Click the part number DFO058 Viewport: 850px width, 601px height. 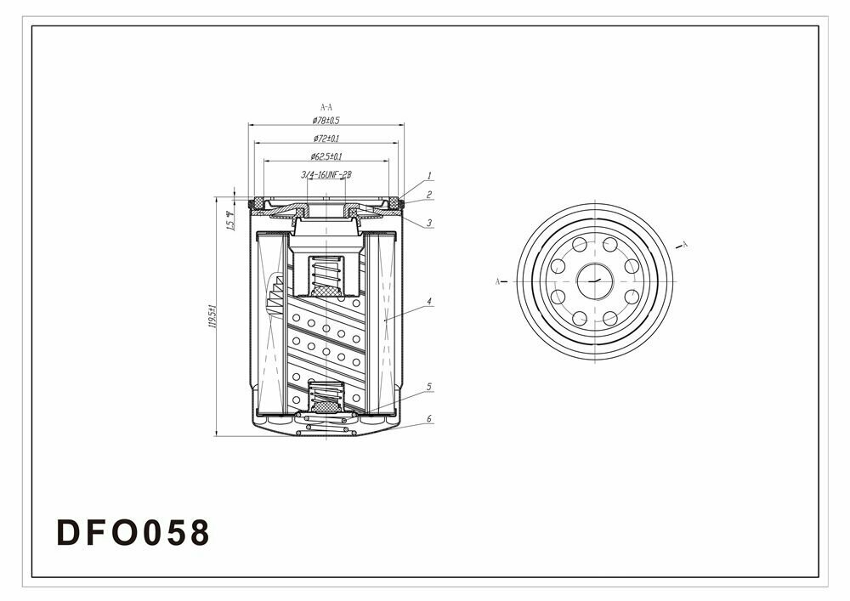tap(132, 533)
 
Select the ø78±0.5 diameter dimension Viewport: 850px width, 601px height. tap(326, 121)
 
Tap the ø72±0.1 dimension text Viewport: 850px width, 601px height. tap(326, 139)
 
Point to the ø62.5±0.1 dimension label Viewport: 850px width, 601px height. tap(326, 156)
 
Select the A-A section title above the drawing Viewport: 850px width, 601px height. tap(326, 107)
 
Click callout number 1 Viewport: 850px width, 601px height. tap(429, 176)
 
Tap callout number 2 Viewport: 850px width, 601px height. tap(429, 195)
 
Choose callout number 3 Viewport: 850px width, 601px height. tap(429, 223)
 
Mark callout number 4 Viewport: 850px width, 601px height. tap(429, 301)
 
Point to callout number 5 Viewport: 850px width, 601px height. tap(429, 386)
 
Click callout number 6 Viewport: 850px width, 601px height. tap(429, 419)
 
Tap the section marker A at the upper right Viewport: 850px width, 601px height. tap(685, 244)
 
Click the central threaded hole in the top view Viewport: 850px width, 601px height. tap(595, 280)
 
